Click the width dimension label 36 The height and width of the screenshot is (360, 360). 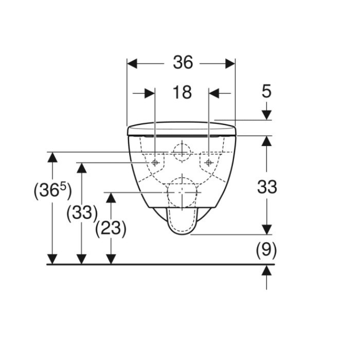[x=183, y=62]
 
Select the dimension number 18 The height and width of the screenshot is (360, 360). [x=182, y=92]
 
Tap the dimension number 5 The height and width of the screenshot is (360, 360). [x=266, y=91]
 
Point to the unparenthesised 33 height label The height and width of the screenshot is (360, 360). [x=267, y=187]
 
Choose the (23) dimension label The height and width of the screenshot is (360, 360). [x=111, y=228]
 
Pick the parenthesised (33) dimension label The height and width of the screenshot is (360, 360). [x=82, y=212]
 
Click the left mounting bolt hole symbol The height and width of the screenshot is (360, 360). [x=155, y=163]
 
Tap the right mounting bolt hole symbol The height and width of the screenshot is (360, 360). [x=209, y=163]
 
